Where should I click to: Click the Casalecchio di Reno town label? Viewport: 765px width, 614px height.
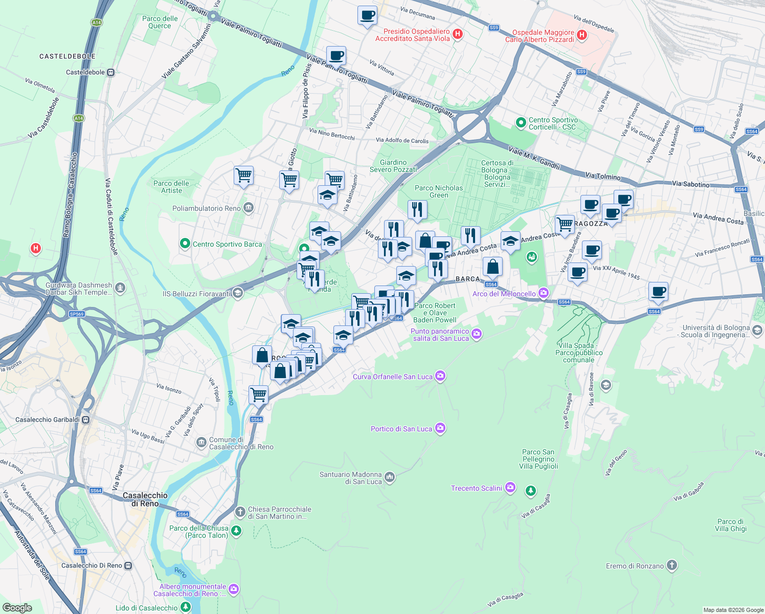[x=145, y=499]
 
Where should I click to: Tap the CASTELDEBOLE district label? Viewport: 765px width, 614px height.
[x=67, y=56]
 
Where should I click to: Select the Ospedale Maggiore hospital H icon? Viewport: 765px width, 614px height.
[x=581, y=35]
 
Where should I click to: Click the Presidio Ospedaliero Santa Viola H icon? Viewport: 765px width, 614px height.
[x=458, y=34]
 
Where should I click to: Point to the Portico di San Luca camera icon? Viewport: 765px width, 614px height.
[x=440, y=429]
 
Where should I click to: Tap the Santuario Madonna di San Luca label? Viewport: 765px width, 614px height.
[x=351, y=478]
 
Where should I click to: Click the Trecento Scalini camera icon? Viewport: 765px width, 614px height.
[x=510, y=488]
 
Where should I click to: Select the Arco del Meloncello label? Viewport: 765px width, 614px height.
[x=504, y=294]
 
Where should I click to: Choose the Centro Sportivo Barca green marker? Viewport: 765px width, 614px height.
[x=185, y=244]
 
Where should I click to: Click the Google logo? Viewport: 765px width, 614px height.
[x=17, y=608]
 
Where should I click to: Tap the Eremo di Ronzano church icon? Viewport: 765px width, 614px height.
[x=672, y=565]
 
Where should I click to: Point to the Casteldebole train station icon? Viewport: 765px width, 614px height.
[x=110, y=72]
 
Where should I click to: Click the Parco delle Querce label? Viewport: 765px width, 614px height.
[x=160, y=22]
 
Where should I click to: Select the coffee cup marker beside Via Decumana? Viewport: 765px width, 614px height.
[x=367, y=16]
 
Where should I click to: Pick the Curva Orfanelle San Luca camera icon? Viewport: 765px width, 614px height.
[x=440, y=376]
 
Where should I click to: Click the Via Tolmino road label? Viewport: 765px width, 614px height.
[x=603, y=177]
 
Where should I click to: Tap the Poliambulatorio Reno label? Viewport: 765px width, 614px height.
[x=206, y=208]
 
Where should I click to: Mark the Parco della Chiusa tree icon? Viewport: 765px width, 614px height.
[x=236, y=531]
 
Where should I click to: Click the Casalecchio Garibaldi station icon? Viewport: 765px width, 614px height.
[x=86, y=420]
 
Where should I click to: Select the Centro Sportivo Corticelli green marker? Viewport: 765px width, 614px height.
[x=521, y=123]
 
